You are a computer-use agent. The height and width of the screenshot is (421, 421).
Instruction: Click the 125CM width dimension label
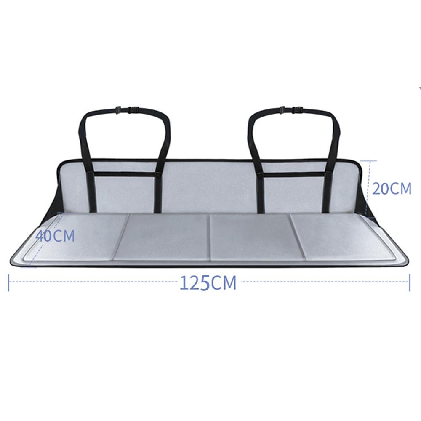[208, 283]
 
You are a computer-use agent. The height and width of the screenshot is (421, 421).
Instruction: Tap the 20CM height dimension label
[392, 189]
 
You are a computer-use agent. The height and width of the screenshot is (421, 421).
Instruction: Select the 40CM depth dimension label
[55, 236]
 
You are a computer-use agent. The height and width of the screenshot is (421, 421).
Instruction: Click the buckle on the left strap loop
[127, 109]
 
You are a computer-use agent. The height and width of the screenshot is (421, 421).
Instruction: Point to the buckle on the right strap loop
[291, 109]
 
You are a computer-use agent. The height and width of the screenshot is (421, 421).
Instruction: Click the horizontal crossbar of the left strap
[125, 174]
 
